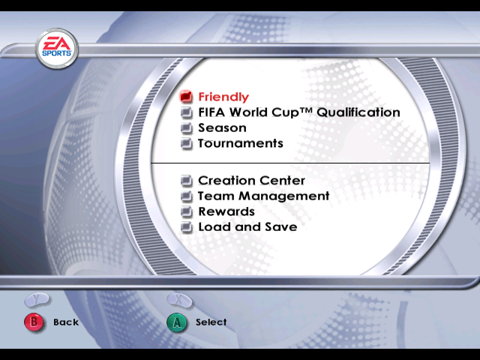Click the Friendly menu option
pyautogui.click(x=223, y=97)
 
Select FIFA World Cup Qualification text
pyautogui.click(x=298, y=112)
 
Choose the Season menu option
pyautogui.click(x=222, y=127)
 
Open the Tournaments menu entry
pyautogui.click(x=240, y=143)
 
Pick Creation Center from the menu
pyautogui.click(x=251, y=181)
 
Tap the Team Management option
pyautogui.click(x=263, y=196)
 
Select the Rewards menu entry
pyautogui.click(x=226, y=211)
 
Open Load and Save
pyautogui.click(x=247, y=226)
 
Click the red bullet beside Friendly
pyautogui.click(x=187, y=97)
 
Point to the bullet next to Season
pyautogui.click(x=187, y=128)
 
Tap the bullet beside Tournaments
pyautogui.click(x=187, y=143)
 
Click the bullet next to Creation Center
pyautogui.click(x=187, y=181)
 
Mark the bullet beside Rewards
pyautogui.click(x=187, y=211)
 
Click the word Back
pyautogui.click(x=66, y=322)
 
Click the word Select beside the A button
pyautogui.click(x=211, y=322)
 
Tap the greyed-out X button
pyautogui.click(x=180, y=300)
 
